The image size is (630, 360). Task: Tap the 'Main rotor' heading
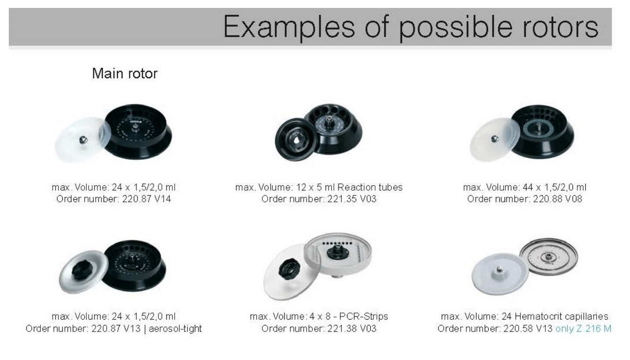pos(125,73)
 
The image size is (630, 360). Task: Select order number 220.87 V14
pos(147,199)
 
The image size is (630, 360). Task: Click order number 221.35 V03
pos(352,199)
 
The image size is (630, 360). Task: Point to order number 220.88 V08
pos(558,199)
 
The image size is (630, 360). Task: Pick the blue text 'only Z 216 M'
pos(583,328)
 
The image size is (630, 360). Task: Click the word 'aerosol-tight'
pos(175,328)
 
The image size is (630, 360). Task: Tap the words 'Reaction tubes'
pos(370,187)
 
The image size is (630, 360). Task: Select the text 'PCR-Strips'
pos(364,317)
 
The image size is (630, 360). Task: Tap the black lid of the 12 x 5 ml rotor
pos(297,139)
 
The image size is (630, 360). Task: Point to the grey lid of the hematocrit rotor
pos(500,274)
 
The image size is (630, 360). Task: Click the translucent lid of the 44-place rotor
pos(494,140)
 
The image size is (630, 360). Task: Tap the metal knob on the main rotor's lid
pos(83,140)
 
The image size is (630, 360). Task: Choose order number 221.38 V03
pos(352,328)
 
